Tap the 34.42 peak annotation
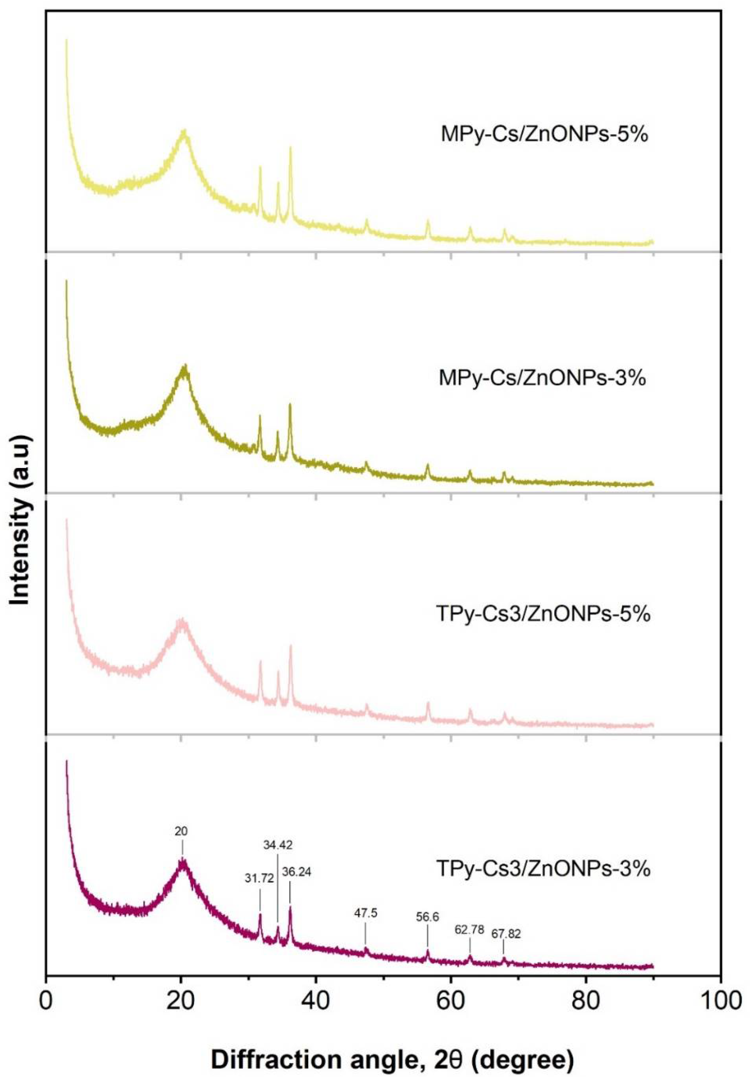coord(278,845)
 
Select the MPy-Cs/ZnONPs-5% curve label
coord(544,135)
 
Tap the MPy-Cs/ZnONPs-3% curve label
coord(542,378)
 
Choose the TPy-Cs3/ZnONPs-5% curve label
coord(543,614)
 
